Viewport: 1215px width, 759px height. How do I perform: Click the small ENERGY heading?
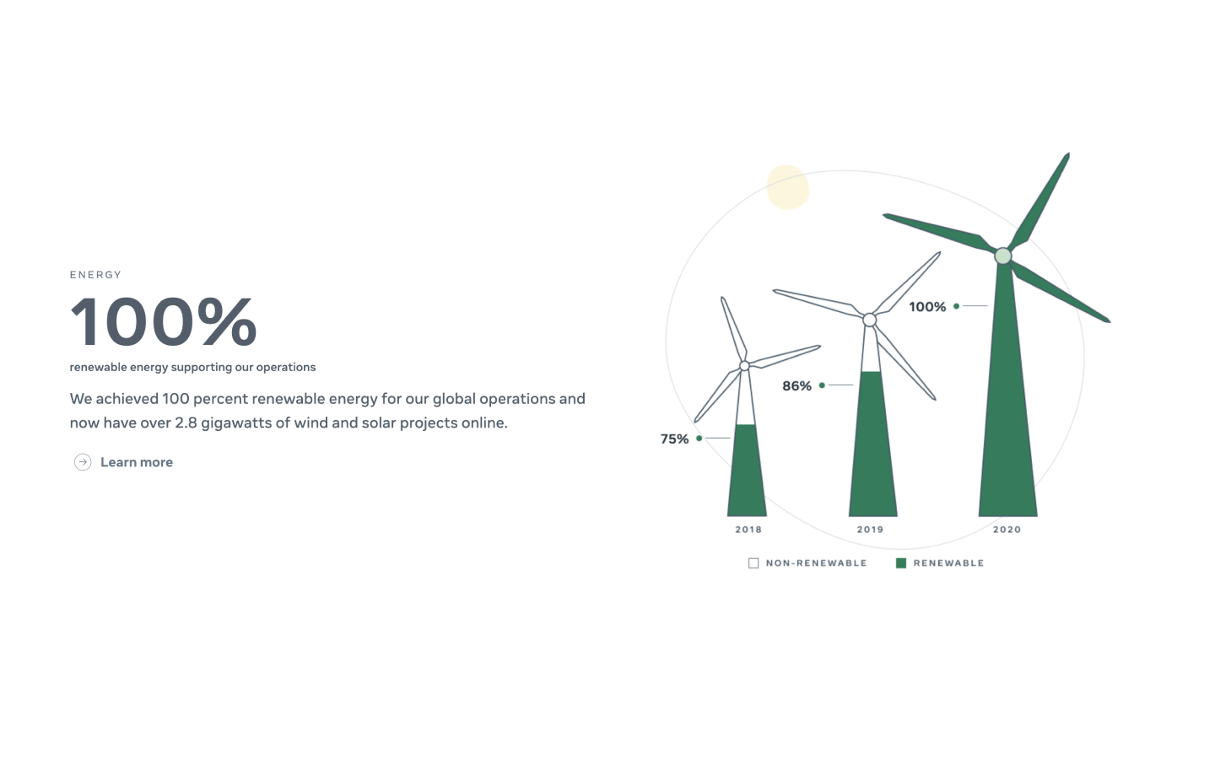[x=95, y=275]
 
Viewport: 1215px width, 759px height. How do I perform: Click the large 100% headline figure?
[x=163, y=321]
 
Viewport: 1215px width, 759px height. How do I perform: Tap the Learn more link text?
[x=137, y=462]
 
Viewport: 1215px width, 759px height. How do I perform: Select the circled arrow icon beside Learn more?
[x=83, y=462]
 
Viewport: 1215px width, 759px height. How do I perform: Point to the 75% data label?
[x=674, y=439]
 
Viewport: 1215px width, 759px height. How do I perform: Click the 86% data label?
[x=796, y=386]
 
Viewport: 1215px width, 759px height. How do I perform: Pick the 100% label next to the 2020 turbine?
[x=927, y=307]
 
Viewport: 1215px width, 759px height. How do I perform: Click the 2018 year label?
[x=748, y=530]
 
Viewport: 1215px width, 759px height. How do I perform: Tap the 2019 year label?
[x=870, y=530]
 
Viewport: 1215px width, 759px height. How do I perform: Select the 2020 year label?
[x=1007, y=530]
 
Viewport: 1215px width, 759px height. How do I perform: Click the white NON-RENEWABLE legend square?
[x=753, y=563]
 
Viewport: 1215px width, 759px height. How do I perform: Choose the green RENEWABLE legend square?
[x=901, y=563]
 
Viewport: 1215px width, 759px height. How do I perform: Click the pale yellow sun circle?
[x=787, y=187]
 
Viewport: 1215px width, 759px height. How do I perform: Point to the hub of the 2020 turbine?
[x=1003, y=256]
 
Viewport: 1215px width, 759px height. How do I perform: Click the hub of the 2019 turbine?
[x=869, y=320]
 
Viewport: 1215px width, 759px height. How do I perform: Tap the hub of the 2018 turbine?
[x=745, y=366]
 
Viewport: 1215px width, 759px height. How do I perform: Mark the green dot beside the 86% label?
[x=822, y=385]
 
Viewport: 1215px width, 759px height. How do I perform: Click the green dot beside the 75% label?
[x=699, y=438]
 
